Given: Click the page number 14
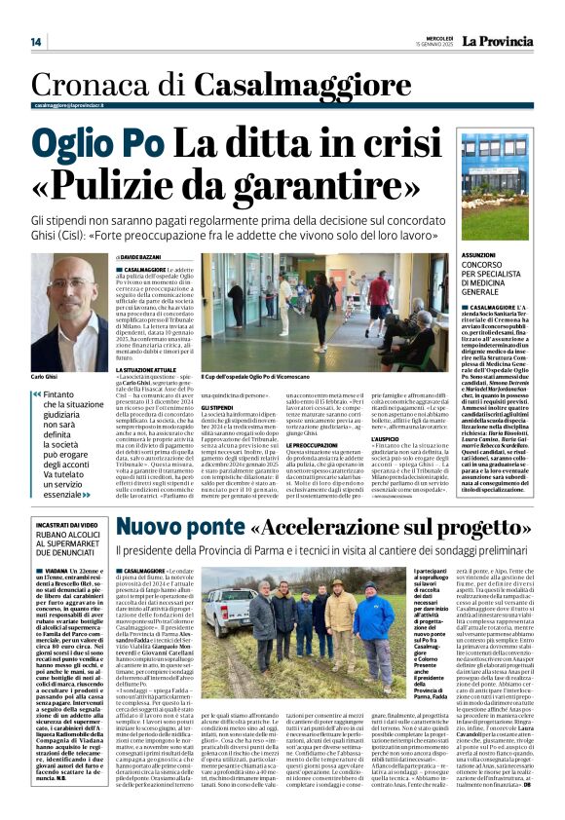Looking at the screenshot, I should (36, 42).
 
